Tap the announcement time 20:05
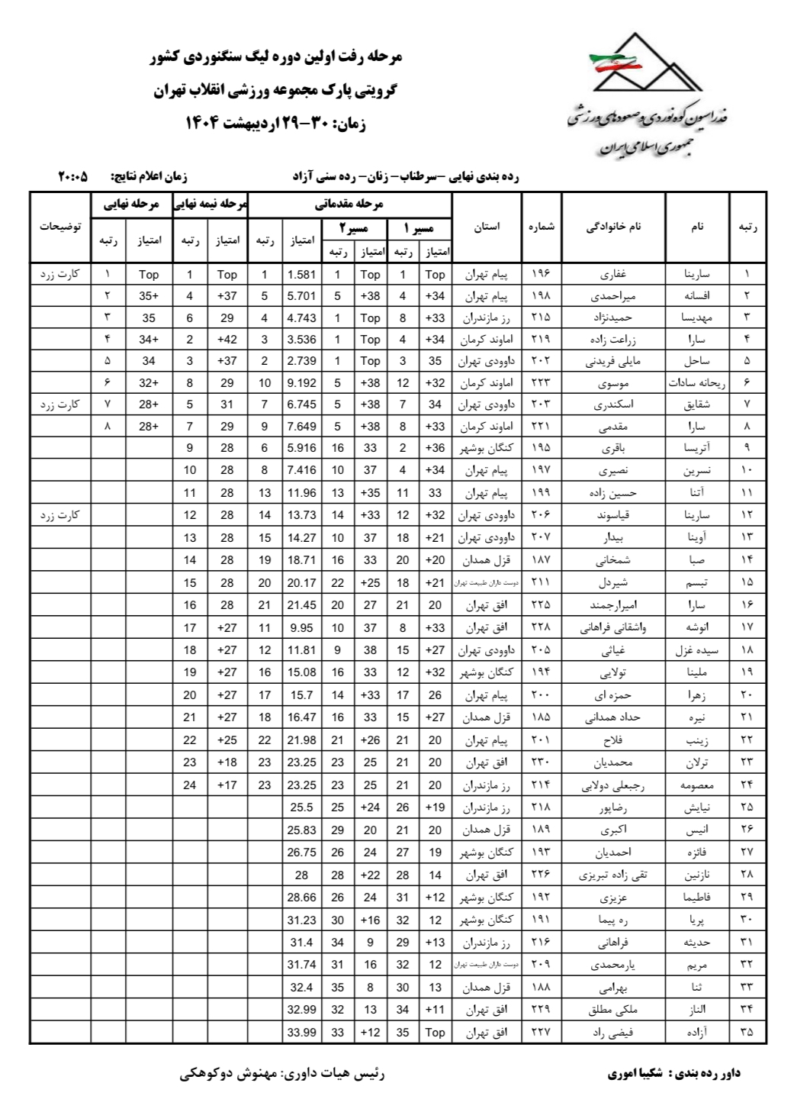point(72,177)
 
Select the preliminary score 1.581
point(302,275)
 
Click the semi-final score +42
point(227,340)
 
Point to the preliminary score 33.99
point(302,1033)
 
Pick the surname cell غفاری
point(613,275)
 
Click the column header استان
point(487,227)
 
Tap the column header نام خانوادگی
point(613,227)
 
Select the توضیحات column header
point(60,227)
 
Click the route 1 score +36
point(435,448)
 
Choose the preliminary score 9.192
point(302,383)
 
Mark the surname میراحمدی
point(613,296)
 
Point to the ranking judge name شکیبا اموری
point(635,1074)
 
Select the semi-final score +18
point(227,762)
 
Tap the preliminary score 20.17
point(302,583)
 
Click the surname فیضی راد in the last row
point(613,1033)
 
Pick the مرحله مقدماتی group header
point(349,204)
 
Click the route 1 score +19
point(435,807)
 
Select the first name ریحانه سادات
point(697,383)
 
